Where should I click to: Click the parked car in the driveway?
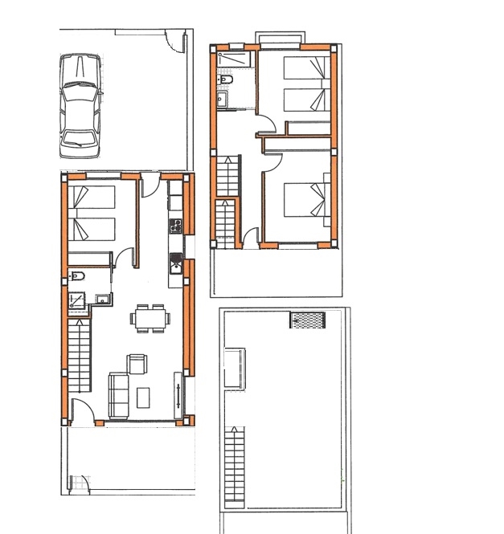[80, 107]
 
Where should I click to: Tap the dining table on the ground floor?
[150, 319]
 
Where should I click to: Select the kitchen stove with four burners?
[175, 226]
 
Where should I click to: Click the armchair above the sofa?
[137, 364]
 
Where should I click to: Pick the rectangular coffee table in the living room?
[145, 397]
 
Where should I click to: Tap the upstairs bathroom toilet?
[226, 81]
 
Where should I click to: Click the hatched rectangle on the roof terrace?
[308, 320]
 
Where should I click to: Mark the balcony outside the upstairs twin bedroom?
[280, 37]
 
